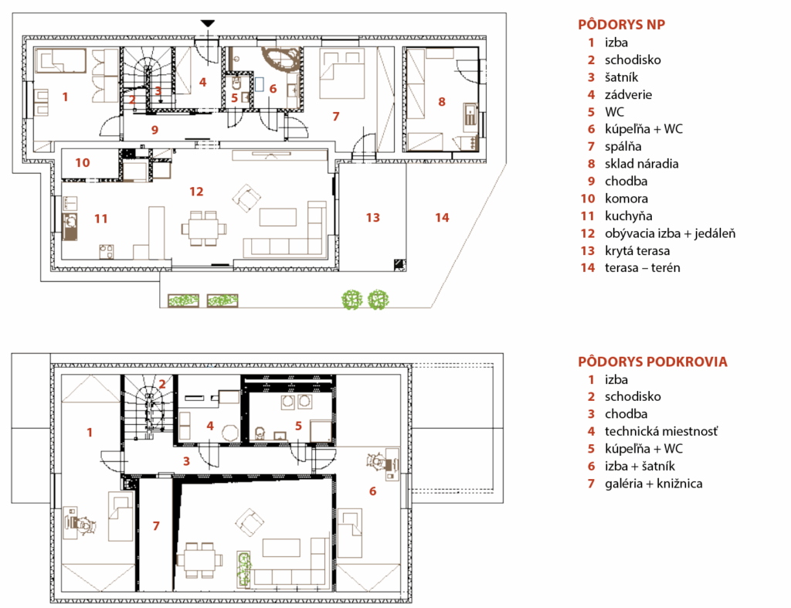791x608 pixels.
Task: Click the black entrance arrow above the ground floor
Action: (x=208, y=23)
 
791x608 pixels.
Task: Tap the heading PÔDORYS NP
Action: (x=622, y=24)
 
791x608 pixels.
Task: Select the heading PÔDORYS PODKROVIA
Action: (x=653, y=362)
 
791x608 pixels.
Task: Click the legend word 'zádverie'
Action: (x=628, y=95)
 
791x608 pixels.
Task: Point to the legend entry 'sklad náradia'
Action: (x=642, y=164)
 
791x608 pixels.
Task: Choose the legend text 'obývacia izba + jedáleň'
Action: (x=670, y=233)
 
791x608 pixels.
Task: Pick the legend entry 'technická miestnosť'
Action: (x=661, y=431)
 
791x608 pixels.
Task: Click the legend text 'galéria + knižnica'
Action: (x=654, y=484)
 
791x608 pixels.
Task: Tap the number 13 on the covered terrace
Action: (x=373, y=217)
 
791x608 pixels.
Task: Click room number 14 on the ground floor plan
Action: (x=442, y=217)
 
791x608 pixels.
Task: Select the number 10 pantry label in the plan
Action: (x=82, y=162)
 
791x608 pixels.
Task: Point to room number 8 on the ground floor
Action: (x=442, y=102)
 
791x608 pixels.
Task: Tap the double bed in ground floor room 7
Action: (x=341, y=73)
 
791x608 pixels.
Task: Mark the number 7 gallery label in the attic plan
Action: (x=156, y=526)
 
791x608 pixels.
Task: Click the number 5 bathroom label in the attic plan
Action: (x=298, y=426)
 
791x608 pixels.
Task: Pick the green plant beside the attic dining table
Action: (x=245, y=569)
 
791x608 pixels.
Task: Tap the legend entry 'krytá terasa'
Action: (x=637, y=251)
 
